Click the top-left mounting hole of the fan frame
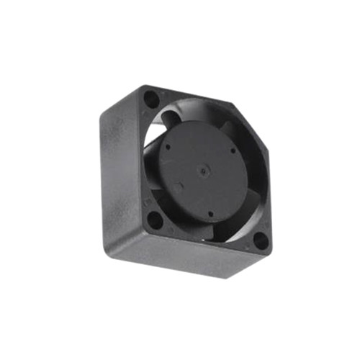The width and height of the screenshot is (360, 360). (x=151, y=97)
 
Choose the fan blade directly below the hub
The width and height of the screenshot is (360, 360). (x=216, y=229)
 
